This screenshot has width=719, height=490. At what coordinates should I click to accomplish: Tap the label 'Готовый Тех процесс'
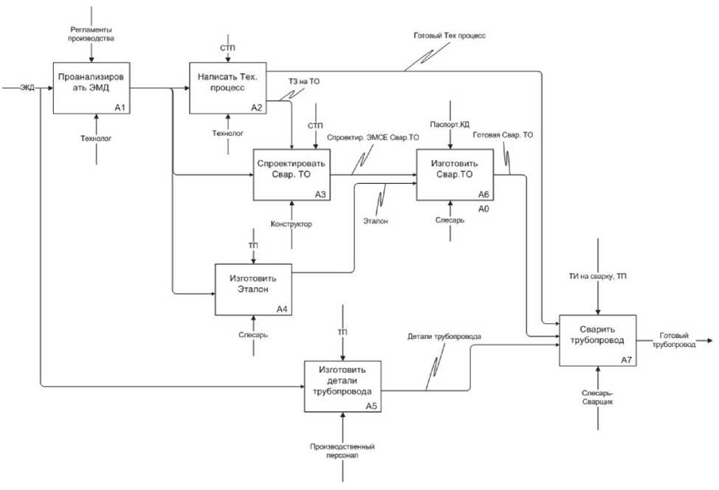coord(449,35)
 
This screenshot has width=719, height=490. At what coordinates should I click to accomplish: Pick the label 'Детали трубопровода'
coord(444,337)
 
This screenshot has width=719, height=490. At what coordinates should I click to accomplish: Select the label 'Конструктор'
coord(292,224)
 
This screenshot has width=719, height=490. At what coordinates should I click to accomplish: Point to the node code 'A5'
coord(372,406)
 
